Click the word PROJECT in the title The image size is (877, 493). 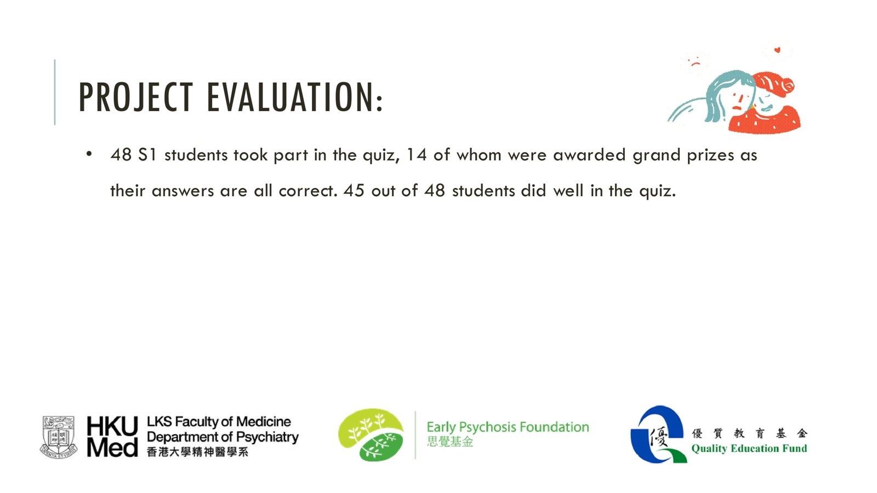[135, 97]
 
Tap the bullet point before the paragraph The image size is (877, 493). [89, 154]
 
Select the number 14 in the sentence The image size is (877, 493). [416, 154]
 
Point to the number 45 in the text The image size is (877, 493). [354, 191]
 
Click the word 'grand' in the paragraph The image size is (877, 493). [657, 156]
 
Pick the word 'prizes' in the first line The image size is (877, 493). [710, 156]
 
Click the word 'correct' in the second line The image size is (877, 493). [307, 191]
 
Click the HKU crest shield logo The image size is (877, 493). [59, 437]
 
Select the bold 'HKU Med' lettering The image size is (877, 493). [112, 437]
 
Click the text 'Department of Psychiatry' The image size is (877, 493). [223, 437]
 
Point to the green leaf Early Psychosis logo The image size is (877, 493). [371, 435]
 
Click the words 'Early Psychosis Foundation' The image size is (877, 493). [508, 427]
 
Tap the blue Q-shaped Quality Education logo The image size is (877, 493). [658, 434]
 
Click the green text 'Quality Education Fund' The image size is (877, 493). [749, 449]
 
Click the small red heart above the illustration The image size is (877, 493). [777, 50]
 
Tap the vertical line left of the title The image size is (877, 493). [55, 93]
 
